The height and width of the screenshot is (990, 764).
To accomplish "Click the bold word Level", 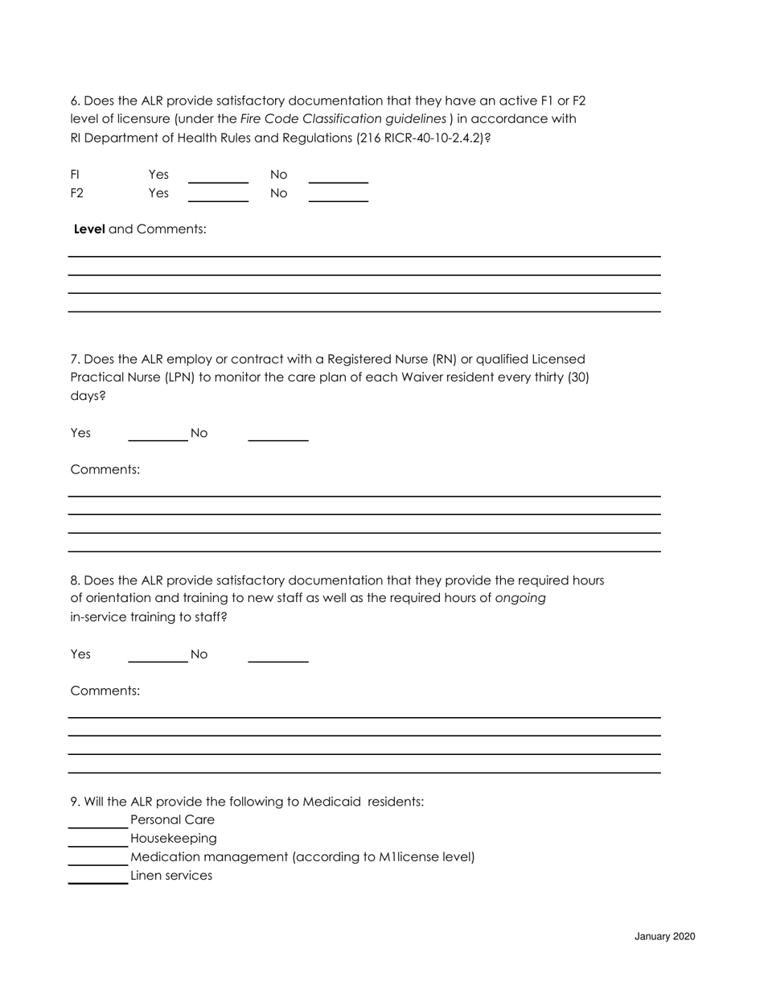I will [89, 229].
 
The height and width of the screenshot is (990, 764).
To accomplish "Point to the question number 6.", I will [75, 101].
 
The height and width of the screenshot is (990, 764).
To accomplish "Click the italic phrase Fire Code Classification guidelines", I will [343, 119].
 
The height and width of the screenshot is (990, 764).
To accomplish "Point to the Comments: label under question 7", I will [105, 469].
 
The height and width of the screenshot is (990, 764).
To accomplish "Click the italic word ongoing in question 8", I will [520, 598].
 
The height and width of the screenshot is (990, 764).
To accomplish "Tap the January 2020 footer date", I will [664, 937].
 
